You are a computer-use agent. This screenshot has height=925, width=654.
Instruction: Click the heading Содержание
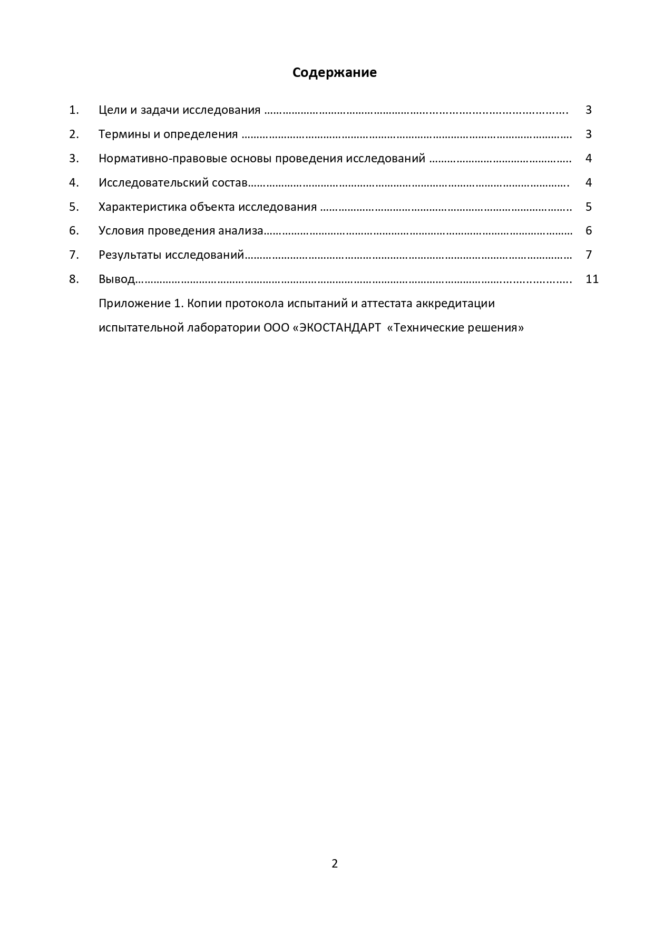click(x=334, y=73)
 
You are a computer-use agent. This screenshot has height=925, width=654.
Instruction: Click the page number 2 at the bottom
click(x=335, y=863)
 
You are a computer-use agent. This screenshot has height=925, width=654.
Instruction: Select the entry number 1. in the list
click(x=74, y=110)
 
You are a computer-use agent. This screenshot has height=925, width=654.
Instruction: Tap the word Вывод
click(x=116, y=279)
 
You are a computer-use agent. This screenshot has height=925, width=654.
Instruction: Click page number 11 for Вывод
click(x=592, y=279)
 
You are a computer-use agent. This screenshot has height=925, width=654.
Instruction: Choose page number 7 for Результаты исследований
click(x=589, y=255)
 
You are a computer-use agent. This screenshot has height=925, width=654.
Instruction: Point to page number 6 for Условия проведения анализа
click(x=589, y=231)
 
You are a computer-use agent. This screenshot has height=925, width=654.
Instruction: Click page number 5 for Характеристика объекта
click(x=589, y=207)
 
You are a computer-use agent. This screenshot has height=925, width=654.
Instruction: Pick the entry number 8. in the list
click(x=74, y=279)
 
